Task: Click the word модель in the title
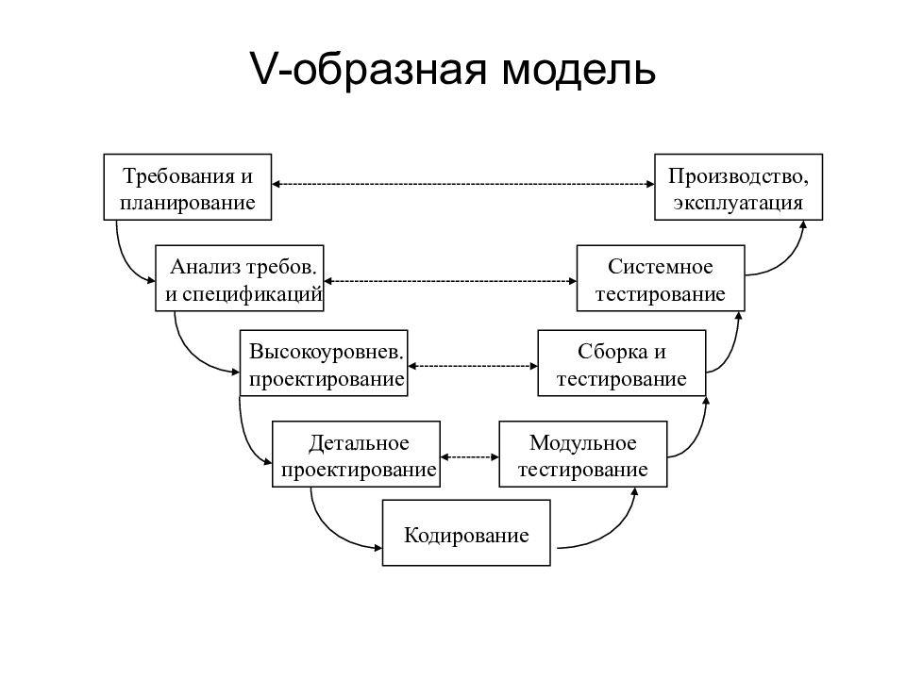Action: pos(578,69)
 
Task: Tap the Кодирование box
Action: pos(466,532)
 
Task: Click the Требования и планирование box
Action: pos(187,187)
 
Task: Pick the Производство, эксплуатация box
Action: pos(738,187)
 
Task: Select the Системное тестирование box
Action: pos(661,278)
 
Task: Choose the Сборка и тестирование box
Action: pos(622,363)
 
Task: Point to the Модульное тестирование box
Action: pos(583,455)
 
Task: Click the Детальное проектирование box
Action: pos(356,455)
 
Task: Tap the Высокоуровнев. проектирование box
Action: pos(324,363)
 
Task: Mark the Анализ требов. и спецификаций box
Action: pos(239,278)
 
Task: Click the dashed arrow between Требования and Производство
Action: pos(462,184)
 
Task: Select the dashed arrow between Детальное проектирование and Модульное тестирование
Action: pos(470,457)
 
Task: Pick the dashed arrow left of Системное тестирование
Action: pos(450,281)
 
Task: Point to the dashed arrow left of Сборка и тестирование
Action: pos(473,366)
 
